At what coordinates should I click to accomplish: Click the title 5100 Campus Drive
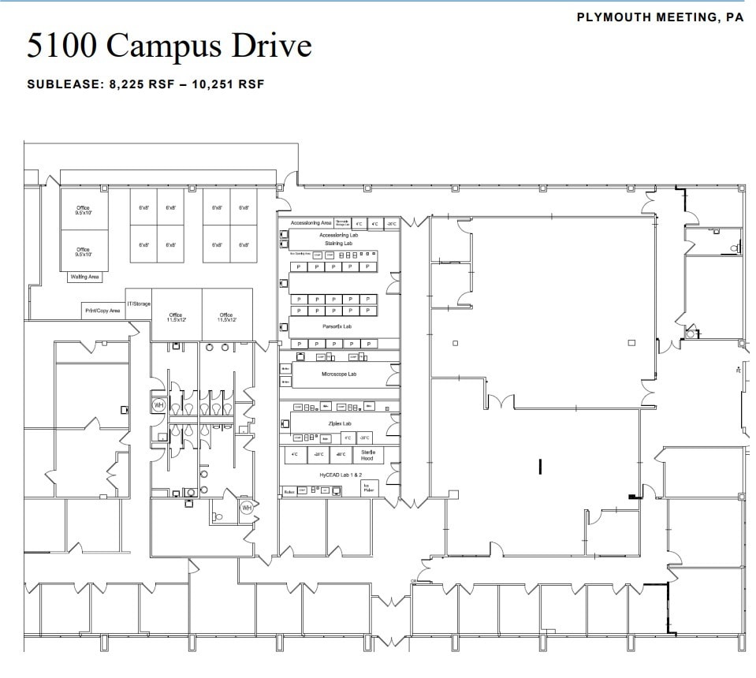169,46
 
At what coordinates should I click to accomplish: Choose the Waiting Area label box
85,277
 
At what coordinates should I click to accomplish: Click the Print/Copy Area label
102,311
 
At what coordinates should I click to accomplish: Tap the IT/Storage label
139,304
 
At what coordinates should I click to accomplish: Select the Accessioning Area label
311,223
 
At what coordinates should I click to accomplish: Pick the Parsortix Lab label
337,326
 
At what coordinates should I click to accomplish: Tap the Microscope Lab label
339,374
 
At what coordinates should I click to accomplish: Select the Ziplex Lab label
339,423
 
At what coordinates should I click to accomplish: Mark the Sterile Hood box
367,455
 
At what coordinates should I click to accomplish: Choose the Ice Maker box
368,488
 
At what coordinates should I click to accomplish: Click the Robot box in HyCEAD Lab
289,491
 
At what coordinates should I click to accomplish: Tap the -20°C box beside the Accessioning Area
390,224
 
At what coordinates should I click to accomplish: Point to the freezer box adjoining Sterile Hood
341,455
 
